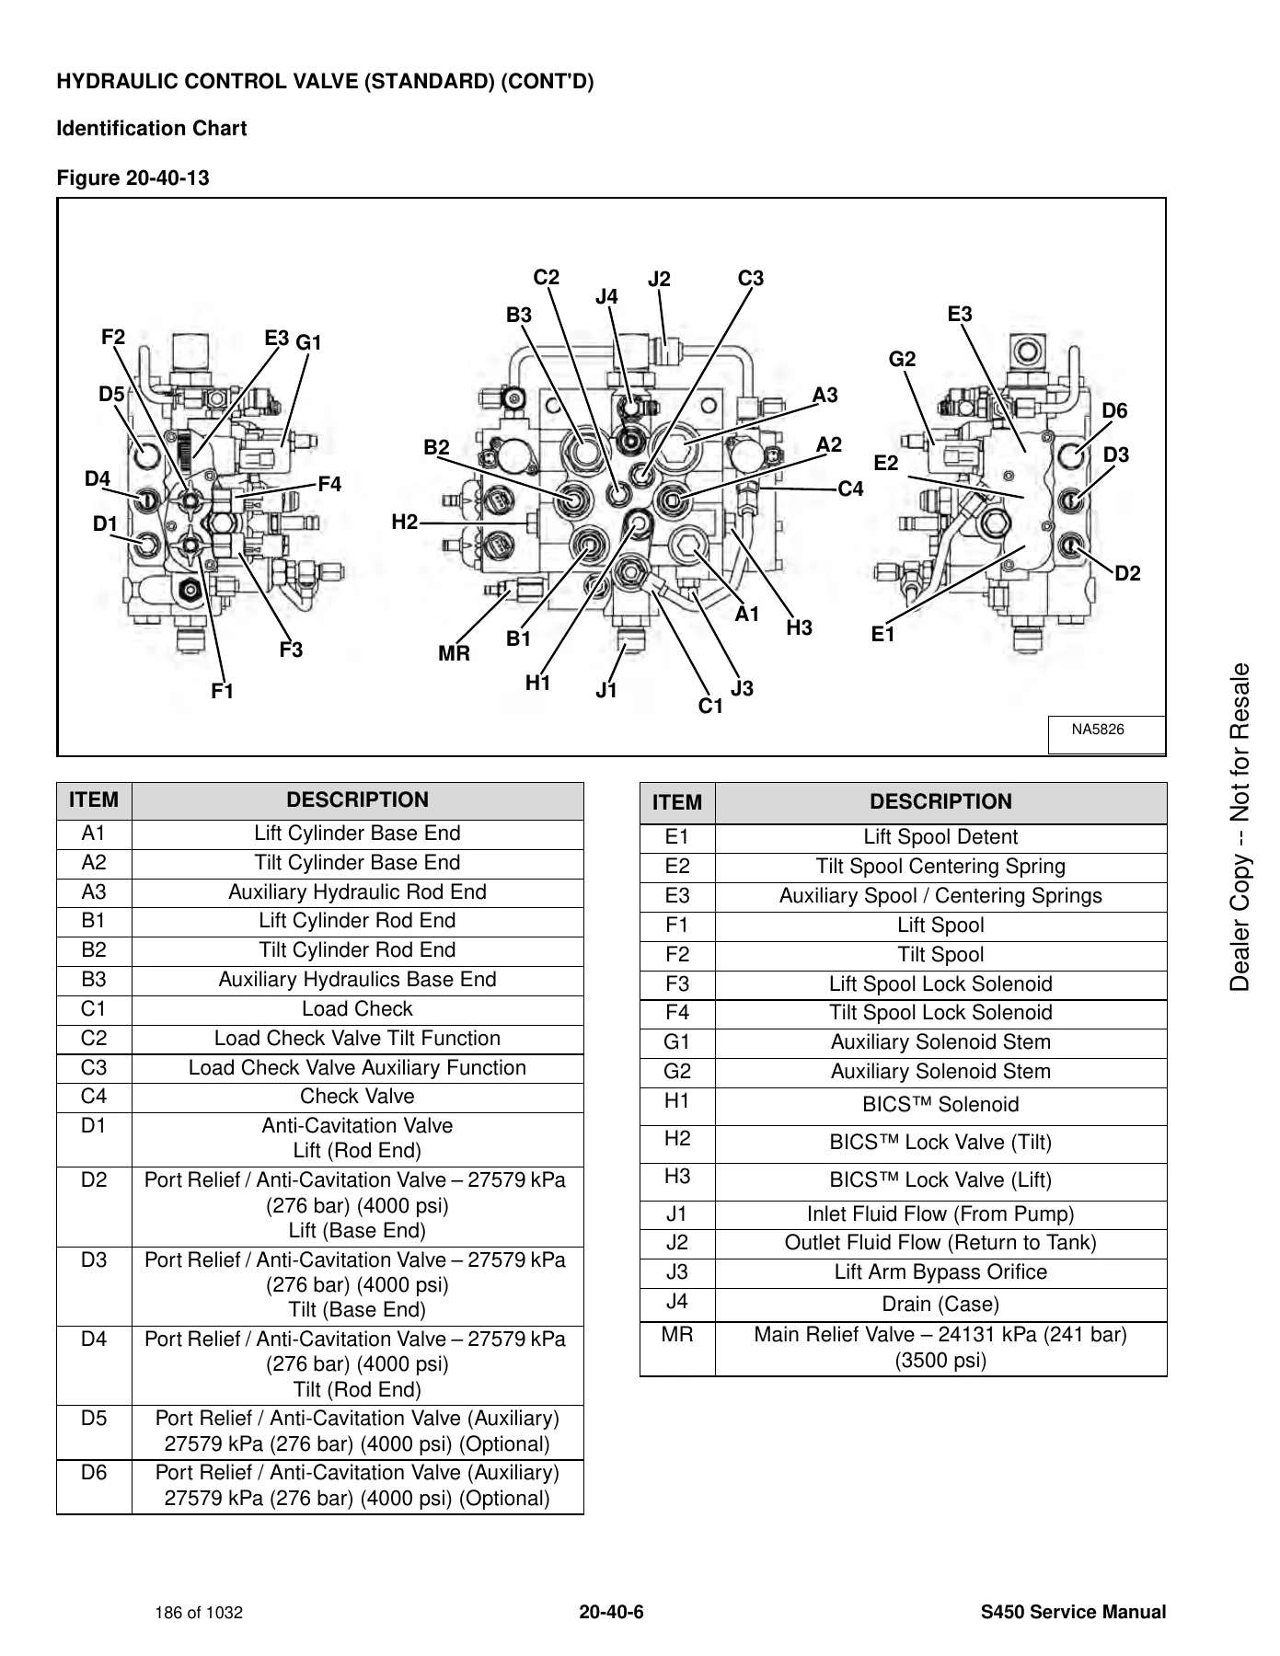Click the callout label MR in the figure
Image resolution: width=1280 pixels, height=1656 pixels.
[454, 654]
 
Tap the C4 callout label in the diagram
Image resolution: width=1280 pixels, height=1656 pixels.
[851, 489]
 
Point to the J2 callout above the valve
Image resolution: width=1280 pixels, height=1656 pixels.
[659, 280]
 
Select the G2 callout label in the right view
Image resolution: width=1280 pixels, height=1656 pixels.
[902, 360]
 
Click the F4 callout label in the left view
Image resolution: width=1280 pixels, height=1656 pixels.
[329, 485]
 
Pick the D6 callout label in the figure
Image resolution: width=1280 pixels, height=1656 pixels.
[1114, 411]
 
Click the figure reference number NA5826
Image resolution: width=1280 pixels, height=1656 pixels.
[1098, 730]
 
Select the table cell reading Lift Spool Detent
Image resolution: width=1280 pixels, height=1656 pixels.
[940, 837]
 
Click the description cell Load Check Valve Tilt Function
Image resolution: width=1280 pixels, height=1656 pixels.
[357, 1039]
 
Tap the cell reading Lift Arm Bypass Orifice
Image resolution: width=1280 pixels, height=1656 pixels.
[940, 1272]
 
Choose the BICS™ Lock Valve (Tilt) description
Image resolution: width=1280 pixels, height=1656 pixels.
[940, 1143]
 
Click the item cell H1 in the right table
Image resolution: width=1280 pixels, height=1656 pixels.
[677, 1101]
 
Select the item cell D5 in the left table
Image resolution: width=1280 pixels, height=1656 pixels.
[94, 1419]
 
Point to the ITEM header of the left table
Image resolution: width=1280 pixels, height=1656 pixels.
[94, 800]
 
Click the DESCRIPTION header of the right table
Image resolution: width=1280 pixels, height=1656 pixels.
[940, 802]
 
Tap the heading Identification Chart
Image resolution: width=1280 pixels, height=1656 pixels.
[152, 129]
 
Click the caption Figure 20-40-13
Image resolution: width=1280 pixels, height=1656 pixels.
[133, 178]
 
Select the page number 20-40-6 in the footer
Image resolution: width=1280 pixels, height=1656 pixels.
[611, 1612]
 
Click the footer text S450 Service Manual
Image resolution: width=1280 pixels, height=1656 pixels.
[1073, 1612]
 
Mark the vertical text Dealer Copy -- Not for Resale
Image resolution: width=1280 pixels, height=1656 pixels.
[1240, 827]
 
